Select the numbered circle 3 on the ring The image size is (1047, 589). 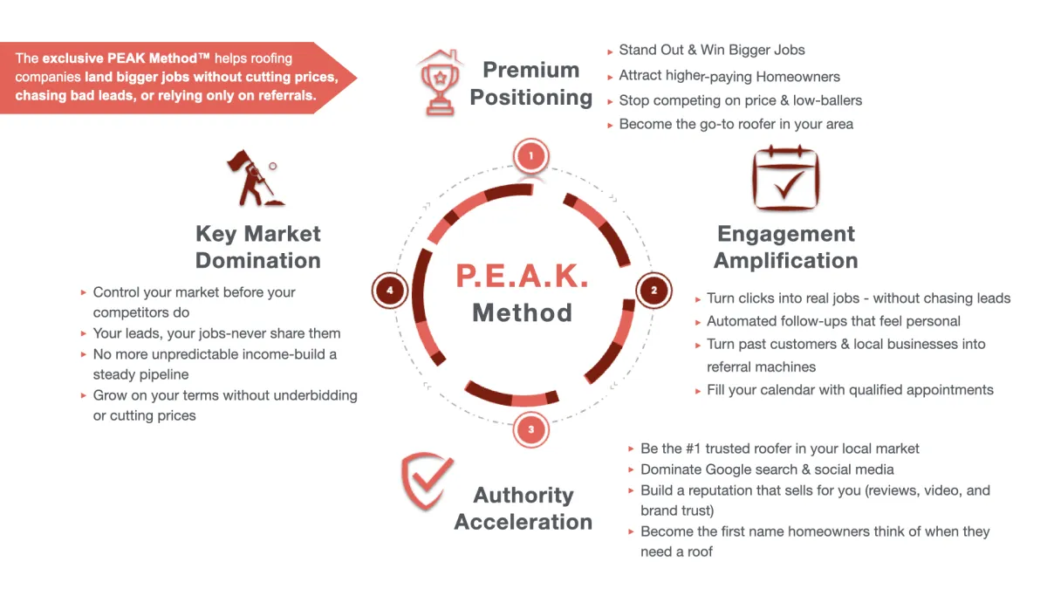530,429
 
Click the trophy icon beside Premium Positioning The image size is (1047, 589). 441,83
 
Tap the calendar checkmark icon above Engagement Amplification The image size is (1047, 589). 785,179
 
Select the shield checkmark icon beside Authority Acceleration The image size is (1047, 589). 427,483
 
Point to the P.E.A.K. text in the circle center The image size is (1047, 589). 522,276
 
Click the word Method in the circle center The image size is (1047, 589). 522,312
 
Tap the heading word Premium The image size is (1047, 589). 530,70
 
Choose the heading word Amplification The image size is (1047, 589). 785,261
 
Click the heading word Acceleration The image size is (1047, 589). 523,522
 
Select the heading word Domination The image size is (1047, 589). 258,261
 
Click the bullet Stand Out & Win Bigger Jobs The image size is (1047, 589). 712,50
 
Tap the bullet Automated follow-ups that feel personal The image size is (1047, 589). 833,321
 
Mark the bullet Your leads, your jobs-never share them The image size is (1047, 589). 216,333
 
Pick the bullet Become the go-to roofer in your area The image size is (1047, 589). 736,124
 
